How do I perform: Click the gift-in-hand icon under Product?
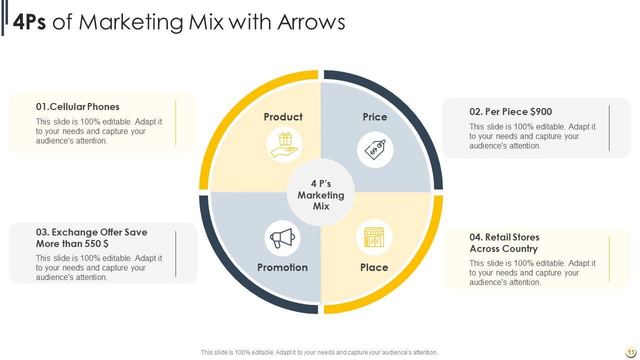point(284,144)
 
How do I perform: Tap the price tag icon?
point(375,149)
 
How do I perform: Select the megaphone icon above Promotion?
point(282,238)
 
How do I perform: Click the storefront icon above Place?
point(374,237)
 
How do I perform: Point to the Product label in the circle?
point(283,117)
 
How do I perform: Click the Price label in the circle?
point(375,117)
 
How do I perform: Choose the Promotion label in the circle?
point(282,267)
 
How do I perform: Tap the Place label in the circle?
point(374,267)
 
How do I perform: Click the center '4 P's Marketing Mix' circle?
point(321,195)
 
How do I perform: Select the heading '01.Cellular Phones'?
point(77,106)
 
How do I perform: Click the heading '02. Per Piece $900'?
point(510,111)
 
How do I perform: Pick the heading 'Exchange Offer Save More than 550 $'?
point(91,238)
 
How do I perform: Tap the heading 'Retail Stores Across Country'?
point(504,243)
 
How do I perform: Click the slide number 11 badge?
point(630,352)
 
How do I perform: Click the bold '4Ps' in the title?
point(29,22)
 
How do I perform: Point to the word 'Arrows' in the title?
point(311,22)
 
